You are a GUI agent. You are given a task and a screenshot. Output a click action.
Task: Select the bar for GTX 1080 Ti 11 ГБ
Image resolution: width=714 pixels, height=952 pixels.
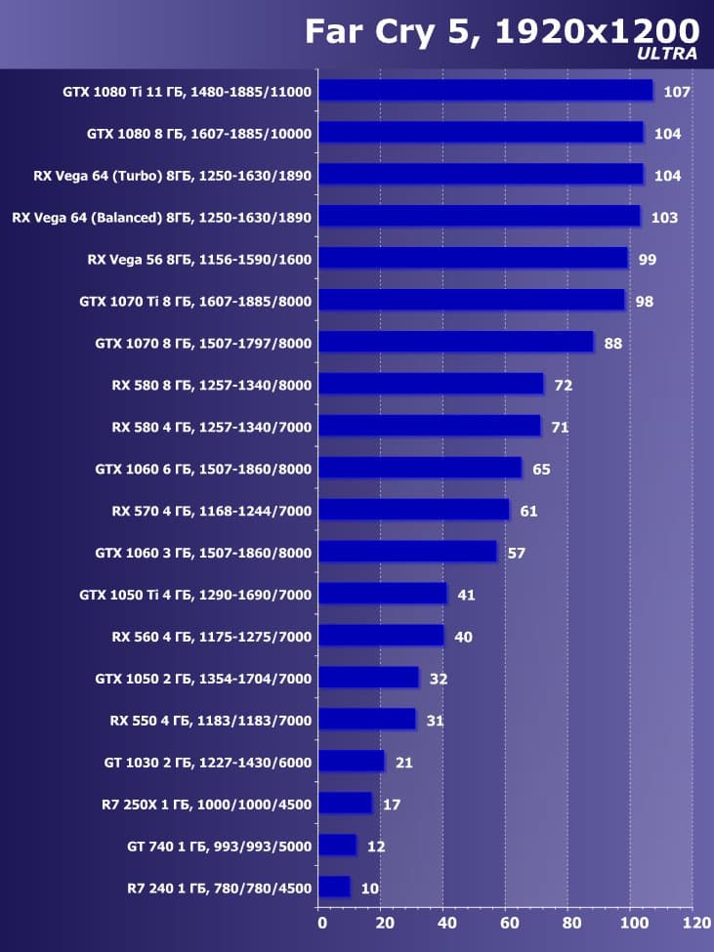pos(485,91)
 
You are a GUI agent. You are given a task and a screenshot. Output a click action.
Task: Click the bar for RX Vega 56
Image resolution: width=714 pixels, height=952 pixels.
pos(473,258)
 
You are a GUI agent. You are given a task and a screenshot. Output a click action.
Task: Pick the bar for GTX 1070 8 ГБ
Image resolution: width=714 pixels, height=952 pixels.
pos(456,342)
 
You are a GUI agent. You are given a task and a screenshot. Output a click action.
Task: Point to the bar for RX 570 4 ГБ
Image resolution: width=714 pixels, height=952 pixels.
pos(414,510)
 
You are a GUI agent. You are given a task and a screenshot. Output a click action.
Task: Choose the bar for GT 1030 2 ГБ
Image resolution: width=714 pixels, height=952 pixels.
pos(352,762)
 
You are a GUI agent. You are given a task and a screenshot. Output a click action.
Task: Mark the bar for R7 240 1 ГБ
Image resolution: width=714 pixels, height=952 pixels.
pos(334,888)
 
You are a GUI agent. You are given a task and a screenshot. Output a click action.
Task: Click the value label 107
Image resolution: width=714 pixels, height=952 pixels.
pos(676,92)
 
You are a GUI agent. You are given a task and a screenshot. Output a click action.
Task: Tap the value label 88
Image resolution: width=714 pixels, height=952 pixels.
pos(612,343)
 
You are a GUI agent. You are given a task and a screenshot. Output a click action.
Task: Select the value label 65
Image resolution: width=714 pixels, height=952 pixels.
pos(541,469)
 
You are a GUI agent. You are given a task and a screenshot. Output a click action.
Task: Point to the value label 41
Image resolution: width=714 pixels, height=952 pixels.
pos(466,595)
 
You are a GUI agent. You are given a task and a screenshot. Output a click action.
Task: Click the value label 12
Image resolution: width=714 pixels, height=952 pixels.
pos(376,847)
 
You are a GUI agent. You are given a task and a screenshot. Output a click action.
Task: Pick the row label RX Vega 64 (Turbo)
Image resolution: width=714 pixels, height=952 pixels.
pos(172,176)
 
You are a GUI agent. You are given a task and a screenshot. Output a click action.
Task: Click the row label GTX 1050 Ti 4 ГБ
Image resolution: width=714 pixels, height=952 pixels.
pos(195,595)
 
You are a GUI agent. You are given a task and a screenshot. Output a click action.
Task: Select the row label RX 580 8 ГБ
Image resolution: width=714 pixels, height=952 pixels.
pos(212,385)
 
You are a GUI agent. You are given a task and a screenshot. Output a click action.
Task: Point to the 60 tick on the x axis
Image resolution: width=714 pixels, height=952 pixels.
pos(507,921)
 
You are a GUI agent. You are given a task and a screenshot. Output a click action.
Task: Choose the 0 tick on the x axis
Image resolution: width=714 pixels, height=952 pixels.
pos(320,921)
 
